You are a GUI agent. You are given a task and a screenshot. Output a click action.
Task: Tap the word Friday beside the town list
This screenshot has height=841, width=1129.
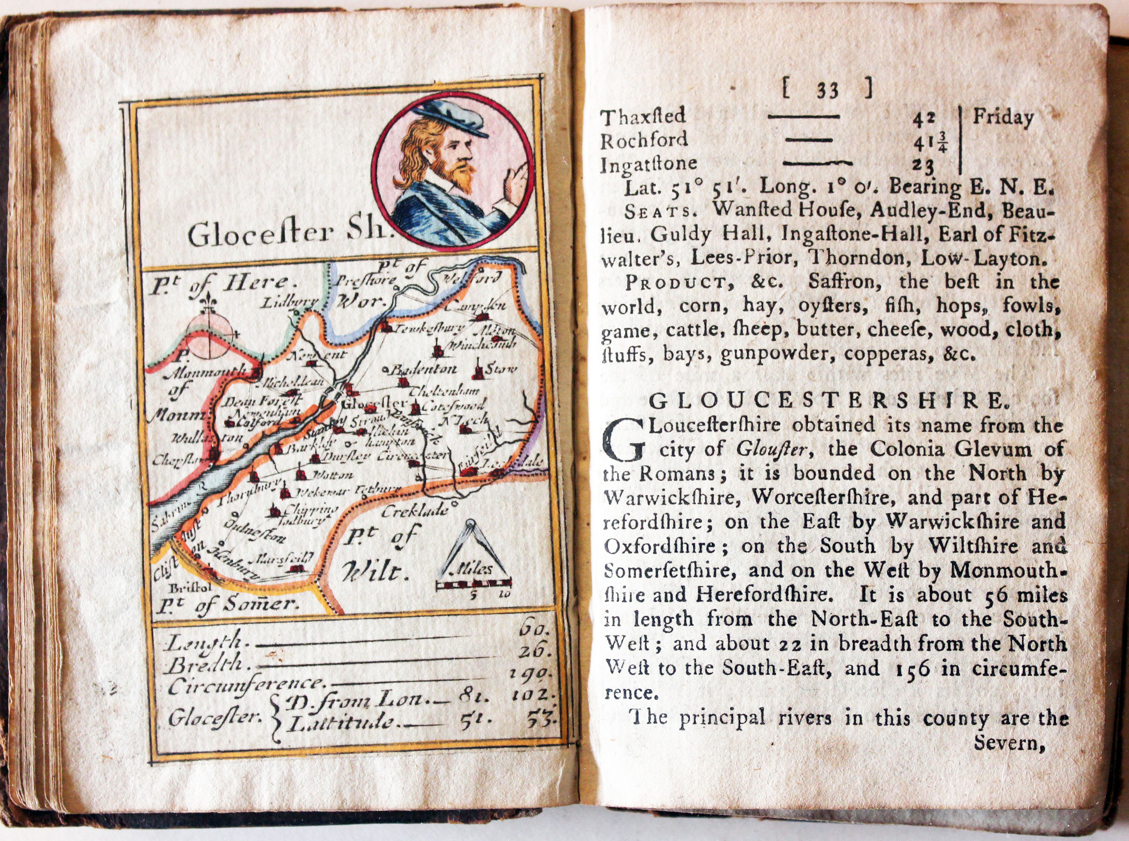(x=1003, y=118)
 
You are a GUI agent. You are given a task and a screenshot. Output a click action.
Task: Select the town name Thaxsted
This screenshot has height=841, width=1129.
(x=643, y=118)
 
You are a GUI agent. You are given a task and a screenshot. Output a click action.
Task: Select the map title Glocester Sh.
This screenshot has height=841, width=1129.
(x=285, y=234)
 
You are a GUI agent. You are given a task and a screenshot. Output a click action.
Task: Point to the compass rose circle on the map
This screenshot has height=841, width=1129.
(x=209, y=336)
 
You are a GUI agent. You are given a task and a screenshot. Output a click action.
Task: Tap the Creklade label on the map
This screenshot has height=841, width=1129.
(x=414, y=511)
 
